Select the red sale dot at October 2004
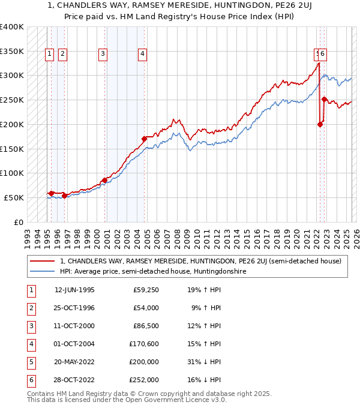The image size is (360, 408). (144, 139)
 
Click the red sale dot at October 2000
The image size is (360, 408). (104, 179)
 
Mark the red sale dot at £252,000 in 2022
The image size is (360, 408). (324, 99)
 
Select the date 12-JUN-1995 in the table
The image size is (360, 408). (74, 290)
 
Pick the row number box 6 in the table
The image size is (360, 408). (31, 380)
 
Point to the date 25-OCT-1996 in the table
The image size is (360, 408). (74, 308)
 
